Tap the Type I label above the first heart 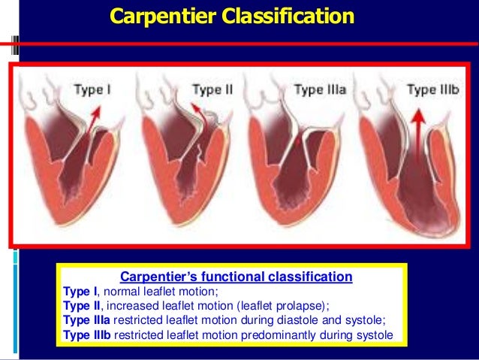point(92,90)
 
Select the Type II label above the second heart point(212,90)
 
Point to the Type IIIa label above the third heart point(320,90)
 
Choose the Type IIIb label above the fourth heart point(432,90)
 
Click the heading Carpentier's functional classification point(233,277)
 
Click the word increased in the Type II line point(135,306)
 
